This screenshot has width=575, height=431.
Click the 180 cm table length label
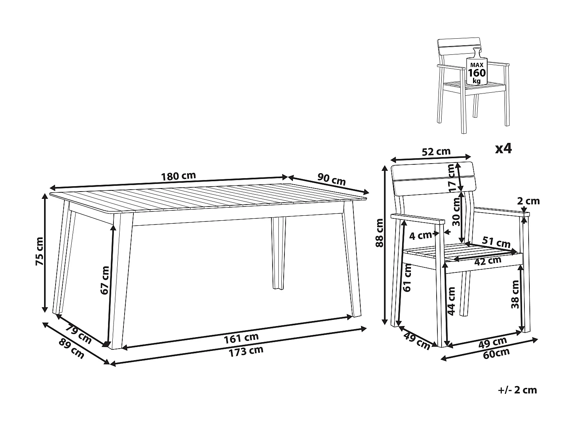(x=178, y=176)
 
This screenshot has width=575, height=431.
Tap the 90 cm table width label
(x=332, y=179)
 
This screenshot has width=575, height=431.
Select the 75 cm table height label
(x=39, y=251)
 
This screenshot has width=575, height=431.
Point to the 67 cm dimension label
(x=104, y=280)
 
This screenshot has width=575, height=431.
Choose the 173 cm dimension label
(x=246, y=351)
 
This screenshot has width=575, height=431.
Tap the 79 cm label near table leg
(x=79, y=334)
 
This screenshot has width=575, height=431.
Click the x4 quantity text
(x=503, y=148)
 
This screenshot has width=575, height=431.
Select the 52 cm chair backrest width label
(x=436, y=152)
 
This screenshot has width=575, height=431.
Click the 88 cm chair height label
(x=379, y=233)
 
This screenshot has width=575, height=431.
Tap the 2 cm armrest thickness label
(x=528, y=201)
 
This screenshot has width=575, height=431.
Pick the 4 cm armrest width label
(x=420, y=236)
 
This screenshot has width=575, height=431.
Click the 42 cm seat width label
(x=488, y=261)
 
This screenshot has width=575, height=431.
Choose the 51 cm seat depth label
(x=496, y=243)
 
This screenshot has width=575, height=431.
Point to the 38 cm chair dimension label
(x=515, y=294)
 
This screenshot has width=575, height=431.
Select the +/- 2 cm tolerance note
(x=517, y=390)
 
